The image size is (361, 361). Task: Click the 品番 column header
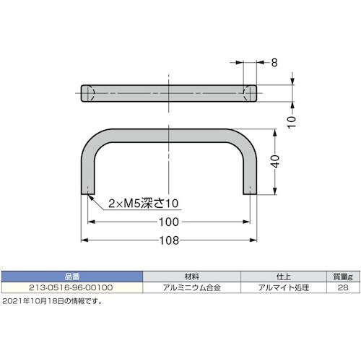pyautogui.click(x=72, y=276)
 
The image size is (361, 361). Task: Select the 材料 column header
pyautogui.click(x=191, y=276)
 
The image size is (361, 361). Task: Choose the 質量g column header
pyautogui.click(x=342, y=276)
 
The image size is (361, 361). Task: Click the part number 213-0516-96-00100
pyautogui.click(x=72, y=287)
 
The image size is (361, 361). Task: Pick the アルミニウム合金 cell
pyautogui.click(x=191, y=287)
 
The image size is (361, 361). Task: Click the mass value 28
pyautogui.click(x=342, y=287)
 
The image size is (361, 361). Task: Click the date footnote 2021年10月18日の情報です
pyautogui.click(x=52, y=301)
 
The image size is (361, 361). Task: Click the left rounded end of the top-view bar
pyautogui.click(x=87, y=94)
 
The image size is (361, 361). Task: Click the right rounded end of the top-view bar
pyautogui.click(x=249, y=94)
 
